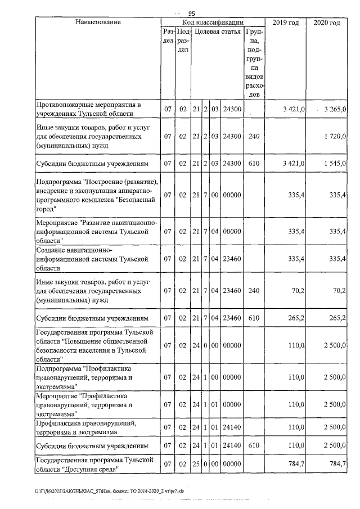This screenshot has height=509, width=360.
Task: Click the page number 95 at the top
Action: coord(191,13)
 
